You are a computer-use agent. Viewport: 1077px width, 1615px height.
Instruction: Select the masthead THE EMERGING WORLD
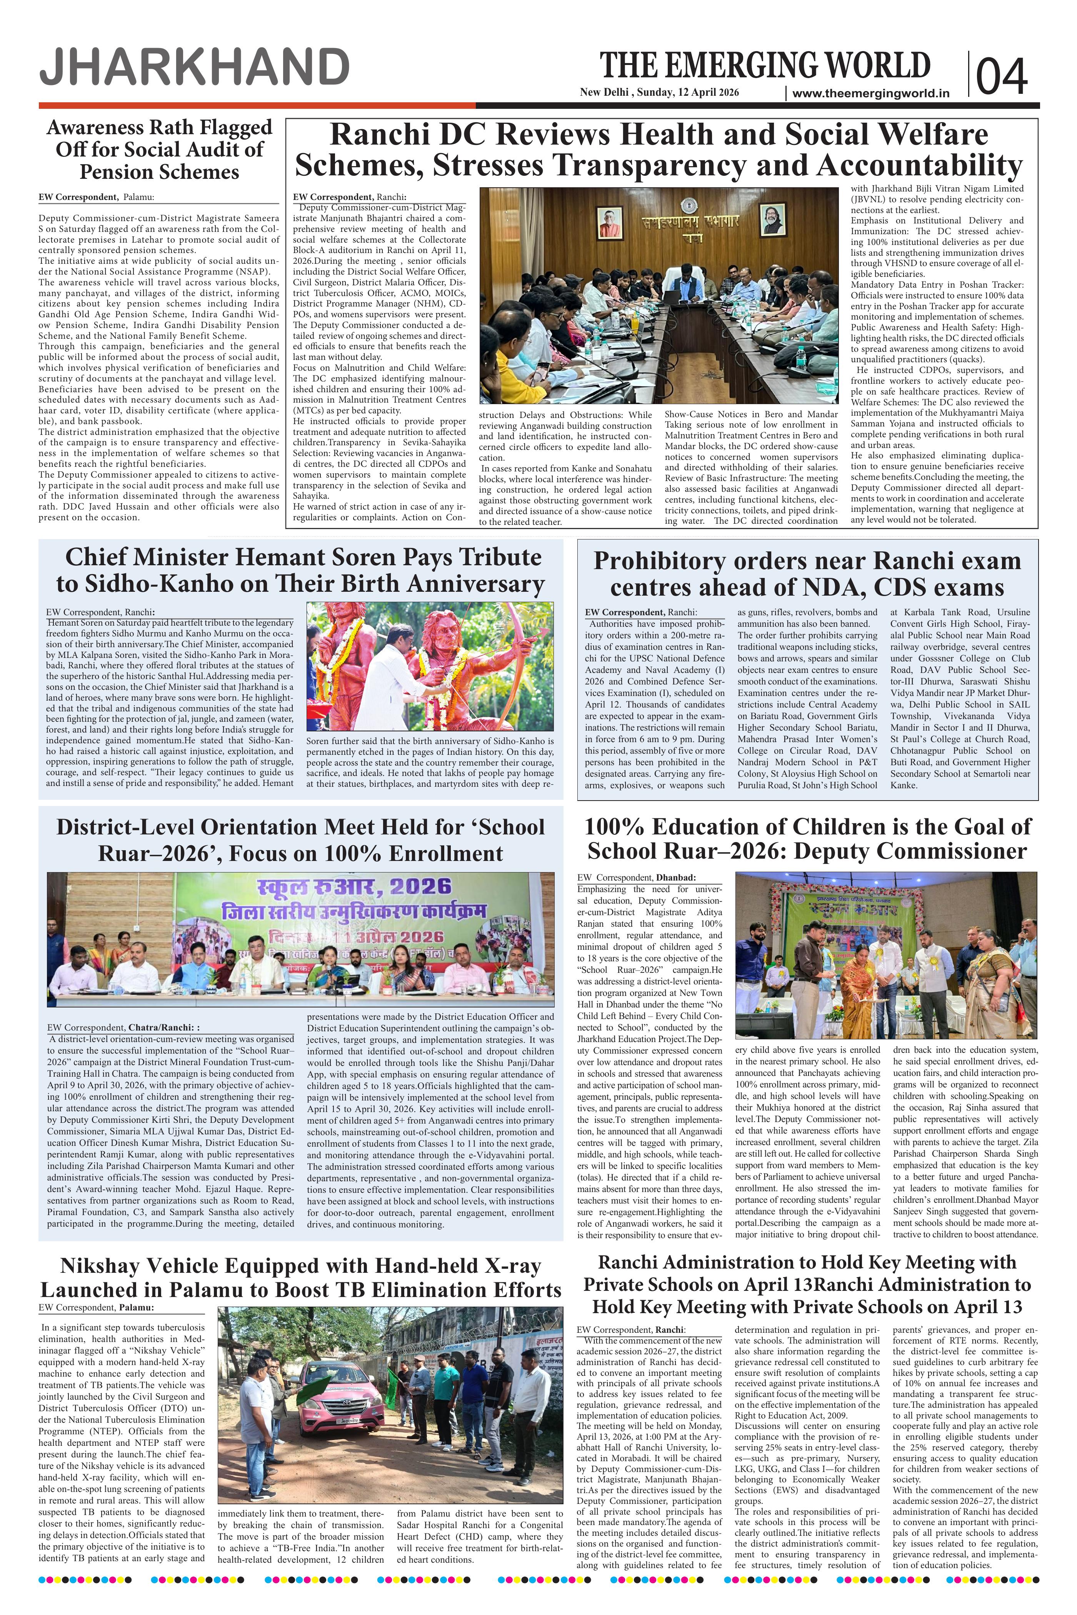[765, 66]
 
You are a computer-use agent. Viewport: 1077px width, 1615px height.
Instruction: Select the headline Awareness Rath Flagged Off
[159, 149]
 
